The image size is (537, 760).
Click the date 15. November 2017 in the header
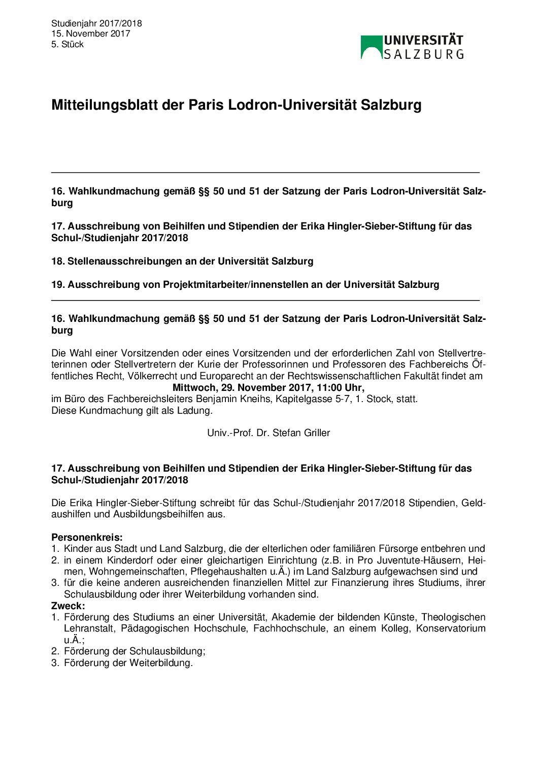pyautogui.click(x=90, y=34)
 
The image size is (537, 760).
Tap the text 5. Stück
pyautogui.click(x=68, y=44)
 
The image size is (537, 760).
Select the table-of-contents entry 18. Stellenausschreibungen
pyautogui.click(x=182, y=261)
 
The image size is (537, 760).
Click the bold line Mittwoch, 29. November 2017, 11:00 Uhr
pyautogui.click(x=268, y=387)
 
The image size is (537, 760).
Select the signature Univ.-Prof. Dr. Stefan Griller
pyautogui.click(x=268, y=433)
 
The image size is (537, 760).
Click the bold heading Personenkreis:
pyautogui.click(x=87, y=537)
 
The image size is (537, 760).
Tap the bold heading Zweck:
pyautogui.click(x=68, y=606)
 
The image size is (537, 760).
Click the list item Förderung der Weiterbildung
pyautogui.click(x=128, y=663)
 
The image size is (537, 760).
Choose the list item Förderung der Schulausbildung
pyautogui.click(x=134, y=651)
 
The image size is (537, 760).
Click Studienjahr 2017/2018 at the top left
pyautogui.click(x=96, y=23)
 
